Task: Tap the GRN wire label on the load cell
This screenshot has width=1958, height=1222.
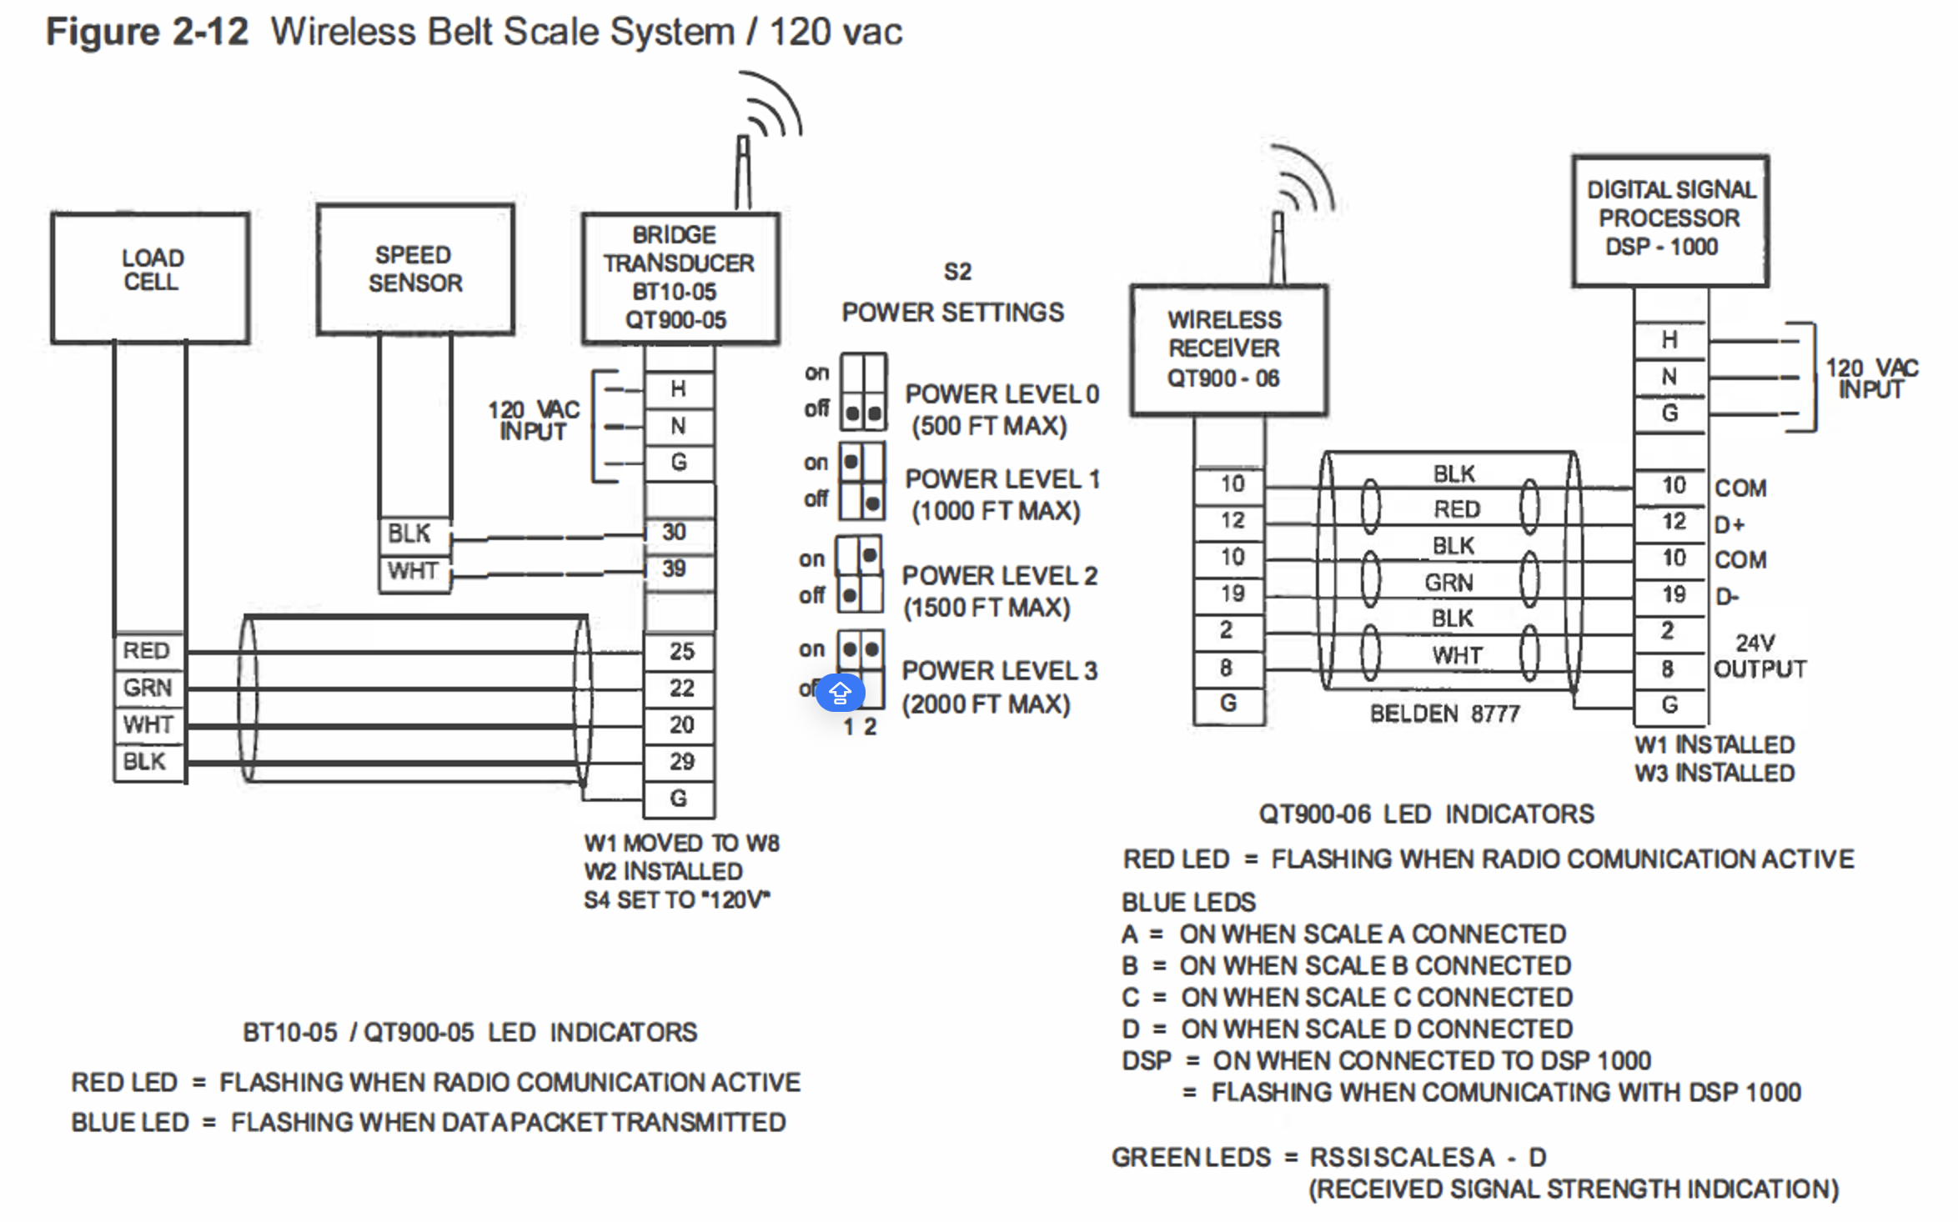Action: click(148, 688)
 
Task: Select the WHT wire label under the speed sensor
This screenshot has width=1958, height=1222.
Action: click(414, 572)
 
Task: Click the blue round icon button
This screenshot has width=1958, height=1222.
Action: click(840, 692)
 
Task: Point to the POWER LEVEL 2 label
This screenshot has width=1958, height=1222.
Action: click(999, 575)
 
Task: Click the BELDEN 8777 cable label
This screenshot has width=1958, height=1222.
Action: click(1444, 714)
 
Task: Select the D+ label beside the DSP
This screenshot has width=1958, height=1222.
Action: click(1730, 525)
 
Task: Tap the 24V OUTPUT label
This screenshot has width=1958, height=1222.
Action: click(1759, 656)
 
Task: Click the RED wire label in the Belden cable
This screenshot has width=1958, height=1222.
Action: click(1456, 509)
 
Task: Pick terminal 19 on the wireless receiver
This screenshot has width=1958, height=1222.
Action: click(1231, 594)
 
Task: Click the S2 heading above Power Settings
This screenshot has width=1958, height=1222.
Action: click(957, 272)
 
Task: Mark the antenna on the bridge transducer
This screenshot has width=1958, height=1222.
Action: click(743, 173)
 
